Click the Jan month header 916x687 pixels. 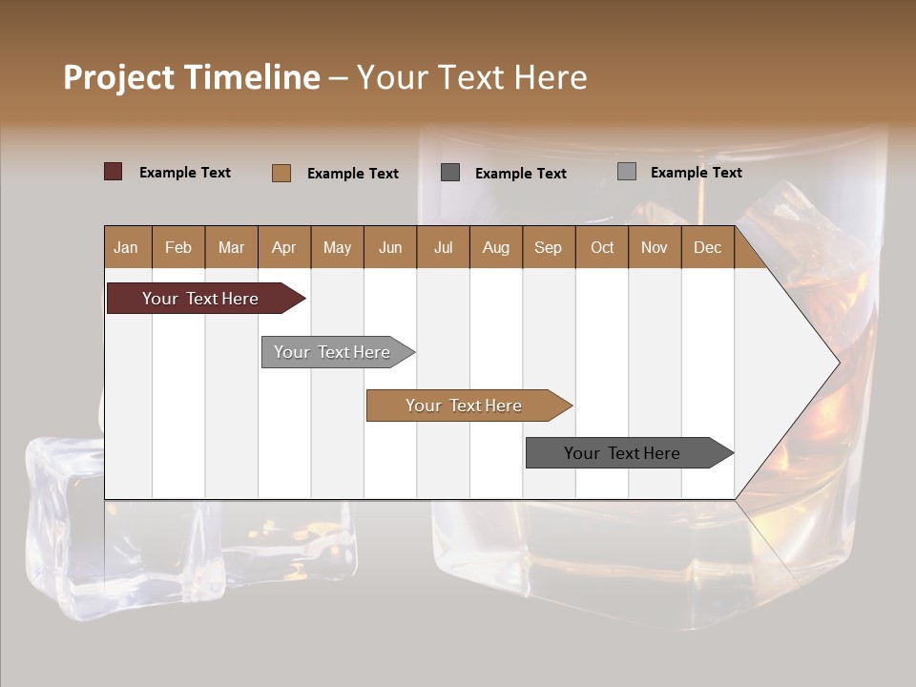coord(126,248)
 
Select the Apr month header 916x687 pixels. coord(283,248)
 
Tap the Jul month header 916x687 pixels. coord(443,248)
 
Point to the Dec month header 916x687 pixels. coord(707,248)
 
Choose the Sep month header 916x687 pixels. coord(548,248)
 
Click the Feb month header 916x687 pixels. coord(178,248)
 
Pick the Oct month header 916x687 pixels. coord(602,248)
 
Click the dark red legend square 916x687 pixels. coord(113,172)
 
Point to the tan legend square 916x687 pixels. coord(281,173)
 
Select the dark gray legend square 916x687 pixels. coord(450,172)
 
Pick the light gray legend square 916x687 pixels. coord(626,172)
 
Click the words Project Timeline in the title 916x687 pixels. coord(192,77)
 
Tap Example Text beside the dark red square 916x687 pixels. coord(185,173)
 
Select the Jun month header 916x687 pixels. coord(390,248)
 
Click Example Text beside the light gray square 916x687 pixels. coord(696,173)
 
